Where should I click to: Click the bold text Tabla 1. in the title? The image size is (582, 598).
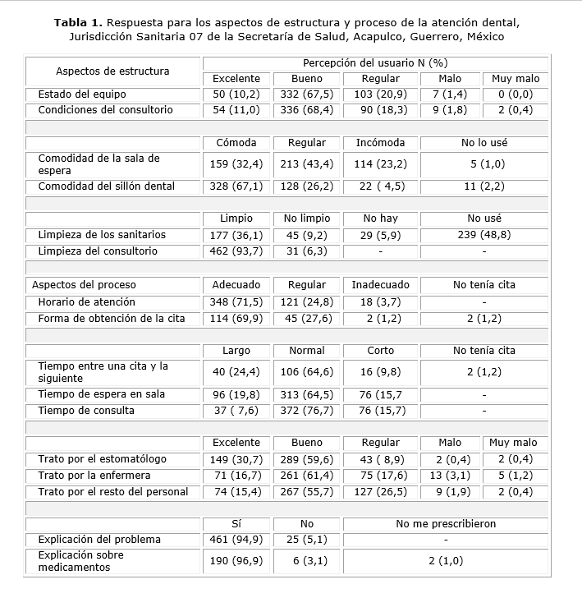(80, 21)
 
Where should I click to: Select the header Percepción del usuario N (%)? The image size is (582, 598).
(374, 63)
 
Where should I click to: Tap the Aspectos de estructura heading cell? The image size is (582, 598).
(112, 71)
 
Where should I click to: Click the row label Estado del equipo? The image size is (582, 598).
(78, 94)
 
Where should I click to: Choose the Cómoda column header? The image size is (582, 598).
(236, 143)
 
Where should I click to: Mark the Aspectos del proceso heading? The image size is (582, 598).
(84, 285)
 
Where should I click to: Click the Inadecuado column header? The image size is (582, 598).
(380, 285)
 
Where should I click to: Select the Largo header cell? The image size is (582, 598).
(236, 351)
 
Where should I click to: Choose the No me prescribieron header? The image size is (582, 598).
(446, 523)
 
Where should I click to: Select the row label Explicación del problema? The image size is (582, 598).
(99, 540)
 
